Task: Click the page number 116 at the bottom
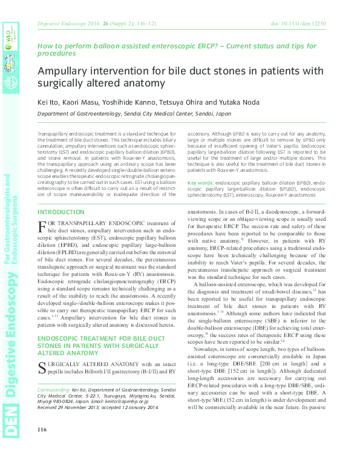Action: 42,430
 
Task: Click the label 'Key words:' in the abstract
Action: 200,182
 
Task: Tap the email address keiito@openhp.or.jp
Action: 141,402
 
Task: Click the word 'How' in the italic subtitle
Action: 44,45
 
